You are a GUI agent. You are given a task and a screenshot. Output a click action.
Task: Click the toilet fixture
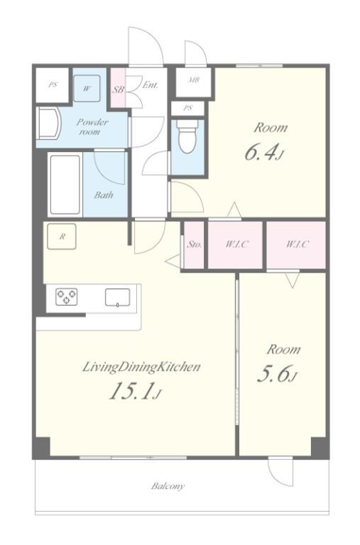(x=187, y=136)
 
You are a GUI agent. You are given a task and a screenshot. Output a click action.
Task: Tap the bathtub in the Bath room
(x=65, y=185)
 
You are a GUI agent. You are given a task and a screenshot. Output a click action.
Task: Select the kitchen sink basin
(x=118, y=297)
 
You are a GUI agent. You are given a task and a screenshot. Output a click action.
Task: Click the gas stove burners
(x=67, y=297)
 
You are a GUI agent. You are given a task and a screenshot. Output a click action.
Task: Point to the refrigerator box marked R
(x=62, y=237)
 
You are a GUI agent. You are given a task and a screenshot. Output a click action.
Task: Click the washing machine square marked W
(x=87, y=89)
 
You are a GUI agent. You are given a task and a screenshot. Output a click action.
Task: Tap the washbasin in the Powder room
(x=49, y=124)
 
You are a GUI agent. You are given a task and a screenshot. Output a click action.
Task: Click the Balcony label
(x=168, y=486)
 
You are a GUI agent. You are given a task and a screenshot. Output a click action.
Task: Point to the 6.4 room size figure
(x=263, y=153)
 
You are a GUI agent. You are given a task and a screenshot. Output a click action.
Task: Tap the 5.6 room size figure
(x=276, y=374)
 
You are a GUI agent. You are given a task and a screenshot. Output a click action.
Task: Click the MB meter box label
(x=194, y=80)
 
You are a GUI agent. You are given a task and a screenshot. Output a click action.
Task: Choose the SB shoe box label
(x=118, y=89)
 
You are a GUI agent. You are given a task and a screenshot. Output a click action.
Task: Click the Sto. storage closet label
(x=194, y=244)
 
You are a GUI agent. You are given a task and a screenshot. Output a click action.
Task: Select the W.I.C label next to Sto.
(x=236, y=244)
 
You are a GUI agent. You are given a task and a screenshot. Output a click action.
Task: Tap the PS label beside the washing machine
(x=53, y=84)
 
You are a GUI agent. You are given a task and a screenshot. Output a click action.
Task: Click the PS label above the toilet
(x=188, y=108)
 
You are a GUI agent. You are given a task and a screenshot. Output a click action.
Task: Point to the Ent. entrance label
(x=151, y=85)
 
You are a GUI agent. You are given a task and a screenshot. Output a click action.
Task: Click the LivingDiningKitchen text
(x=141, y=368)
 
